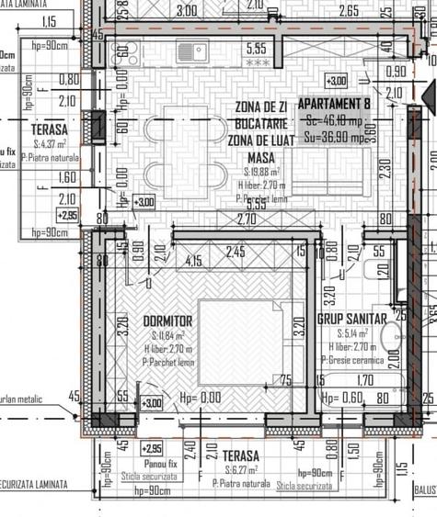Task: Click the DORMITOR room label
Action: tap(167, 320)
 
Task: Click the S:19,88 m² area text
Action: tap(262, 172)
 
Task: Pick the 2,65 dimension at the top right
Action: tap(374, 11)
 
